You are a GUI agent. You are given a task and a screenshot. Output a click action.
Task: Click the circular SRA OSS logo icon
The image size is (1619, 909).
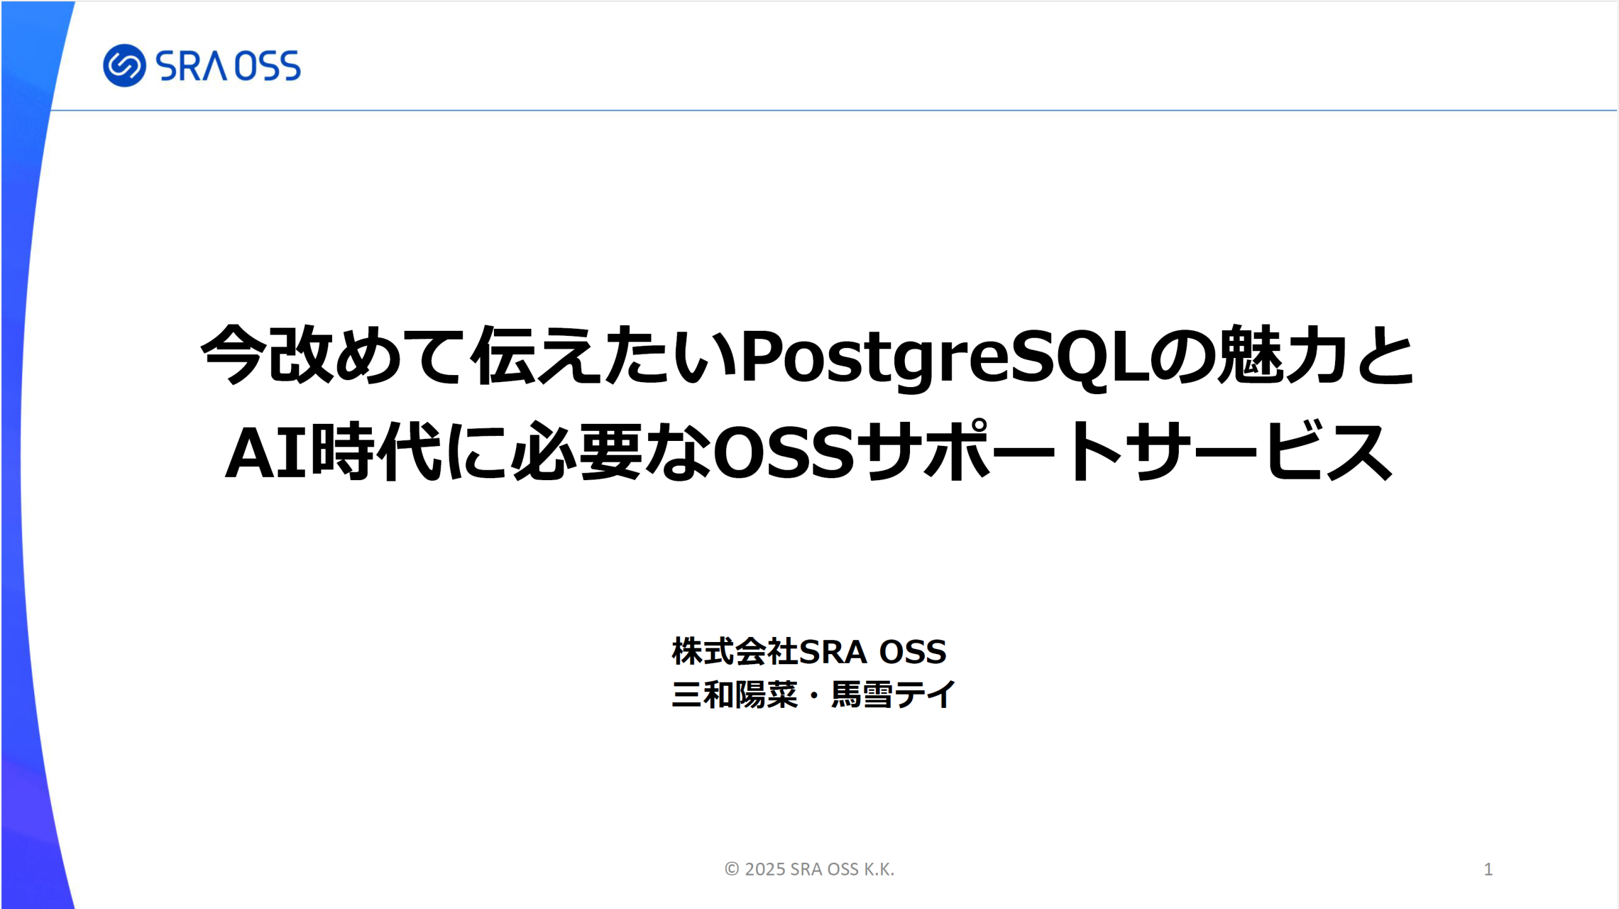(x=125, y=65)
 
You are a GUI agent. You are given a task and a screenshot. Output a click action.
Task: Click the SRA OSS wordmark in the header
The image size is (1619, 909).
(x=228, y=66)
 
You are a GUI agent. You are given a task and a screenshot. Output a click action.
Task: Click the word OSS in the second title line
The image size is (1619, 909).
(x=784, y=453)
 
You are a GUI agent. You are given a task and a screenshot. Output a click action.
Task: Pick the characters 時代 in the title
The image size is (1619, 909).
(x=377, y=450)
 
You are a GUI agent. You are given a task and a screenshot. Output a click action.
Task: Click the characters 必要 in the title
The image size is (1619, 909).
(x=576, y=450)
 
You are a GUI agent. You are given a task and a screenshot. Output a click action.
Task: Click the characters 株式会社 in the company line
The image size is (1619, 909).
(x=735, y=652)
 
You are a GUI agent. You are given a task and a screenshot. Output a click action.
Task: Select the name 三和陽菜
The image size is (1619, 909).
(x=735, y=695)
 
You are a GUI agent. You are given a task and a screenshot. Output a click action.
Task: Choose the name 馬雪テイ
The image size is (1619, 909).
(x=893, y=695)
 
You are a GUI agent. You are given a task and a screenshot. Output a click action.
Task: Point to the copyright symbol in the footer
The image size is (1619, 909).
(x=732, y=869)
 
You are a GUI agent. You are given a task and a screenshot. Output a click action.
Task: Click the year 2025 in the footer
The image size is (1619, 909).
(x=765, y=869)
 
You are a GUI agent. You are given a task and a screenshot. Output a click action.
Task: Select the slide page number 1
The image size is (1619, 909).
(x=1488, y=869)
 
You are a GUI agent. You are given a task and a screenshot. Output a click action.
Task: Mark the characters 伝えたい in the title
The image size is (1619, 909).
(x=604, y=355)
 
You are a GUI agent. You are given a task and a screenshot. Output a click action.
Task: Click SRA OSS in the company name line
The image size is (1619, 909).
(x=873, y=652)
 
